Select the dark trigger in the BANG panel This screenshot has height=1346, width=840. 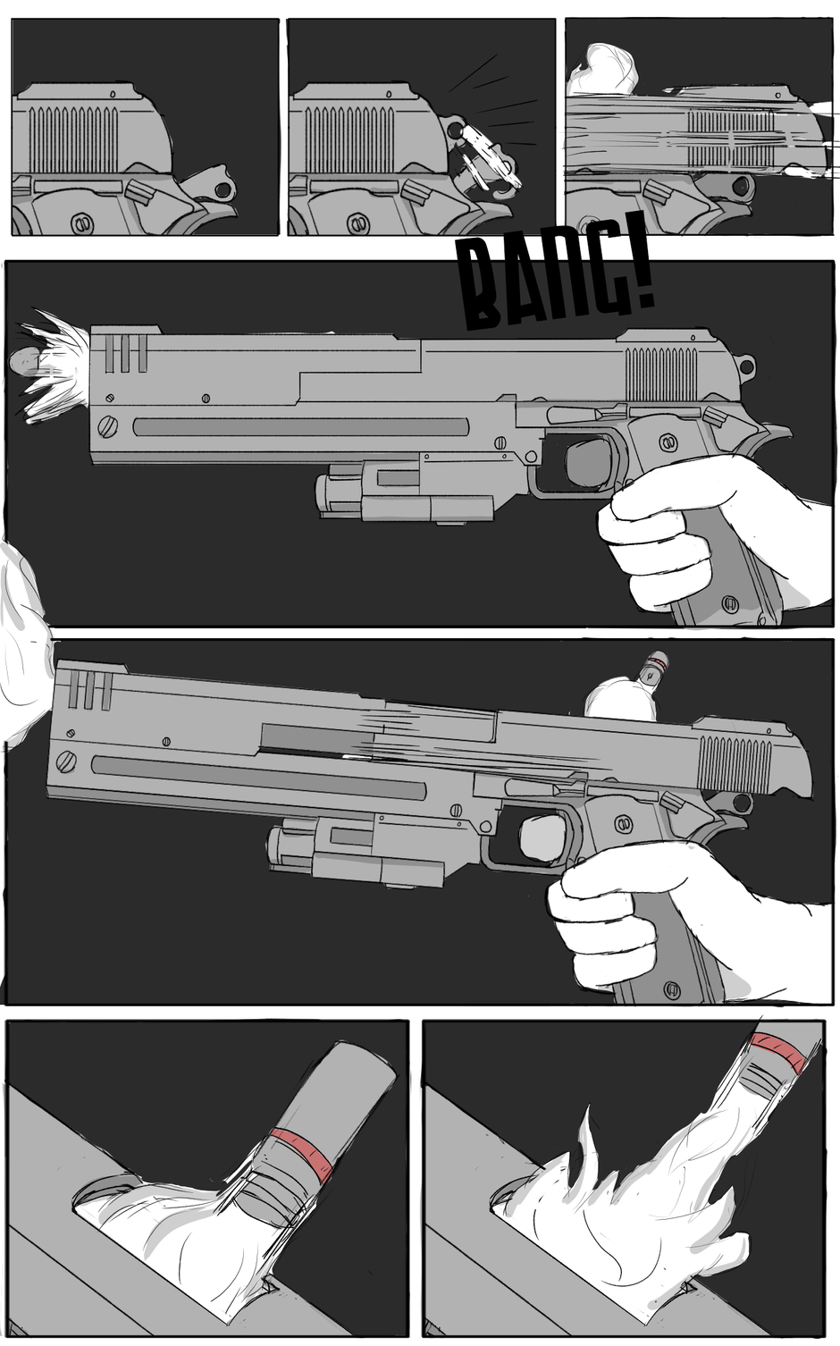tap(588, 458)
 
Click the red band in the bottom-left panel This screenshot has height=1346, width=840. tap(301, 1147)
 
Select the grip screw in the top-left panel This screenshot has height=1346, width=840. tap(80, 224)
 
